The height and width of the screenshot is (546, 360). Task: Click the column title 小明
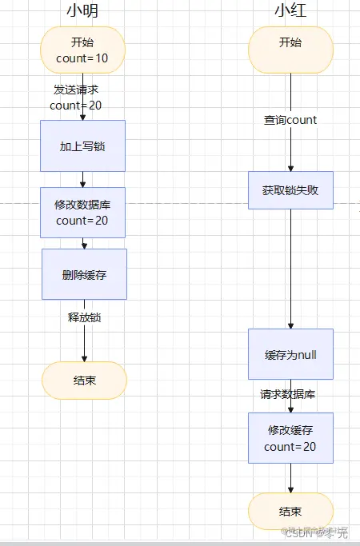[83, 11]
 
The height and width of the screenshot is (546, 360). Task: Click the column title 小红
[290, 11]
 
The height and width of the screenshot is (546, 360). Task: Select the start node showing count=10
[83, 50]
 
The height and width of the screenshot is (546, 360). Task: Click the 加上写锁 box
[83, 145]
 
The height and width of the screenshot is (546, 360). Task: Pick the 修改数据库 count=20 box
[83, 212]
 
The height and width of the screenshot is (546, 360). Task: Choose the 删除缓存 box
[84, 274]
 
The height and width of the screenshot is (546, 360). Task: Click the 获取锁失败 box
[290, 190]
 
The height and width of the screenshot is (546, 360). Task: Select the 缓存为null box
[290, 354]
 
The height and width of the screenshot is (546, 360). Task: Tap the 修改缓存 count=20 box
[290, 437]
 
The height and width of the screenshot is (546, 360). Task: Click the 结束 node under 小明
[84, 380]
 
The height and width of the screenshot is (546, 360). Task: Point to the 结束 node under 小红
[290, 512]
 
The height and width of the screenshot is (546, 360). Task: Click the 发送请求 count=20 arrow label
[76, 97]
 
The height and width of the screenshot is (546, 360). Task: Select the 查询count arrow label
[290, 120]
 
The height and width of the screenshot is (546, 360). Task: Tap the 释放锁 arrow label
[84, 317]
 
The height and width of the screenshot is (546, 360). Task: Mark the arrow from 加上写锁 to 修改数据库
[83, 179]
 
